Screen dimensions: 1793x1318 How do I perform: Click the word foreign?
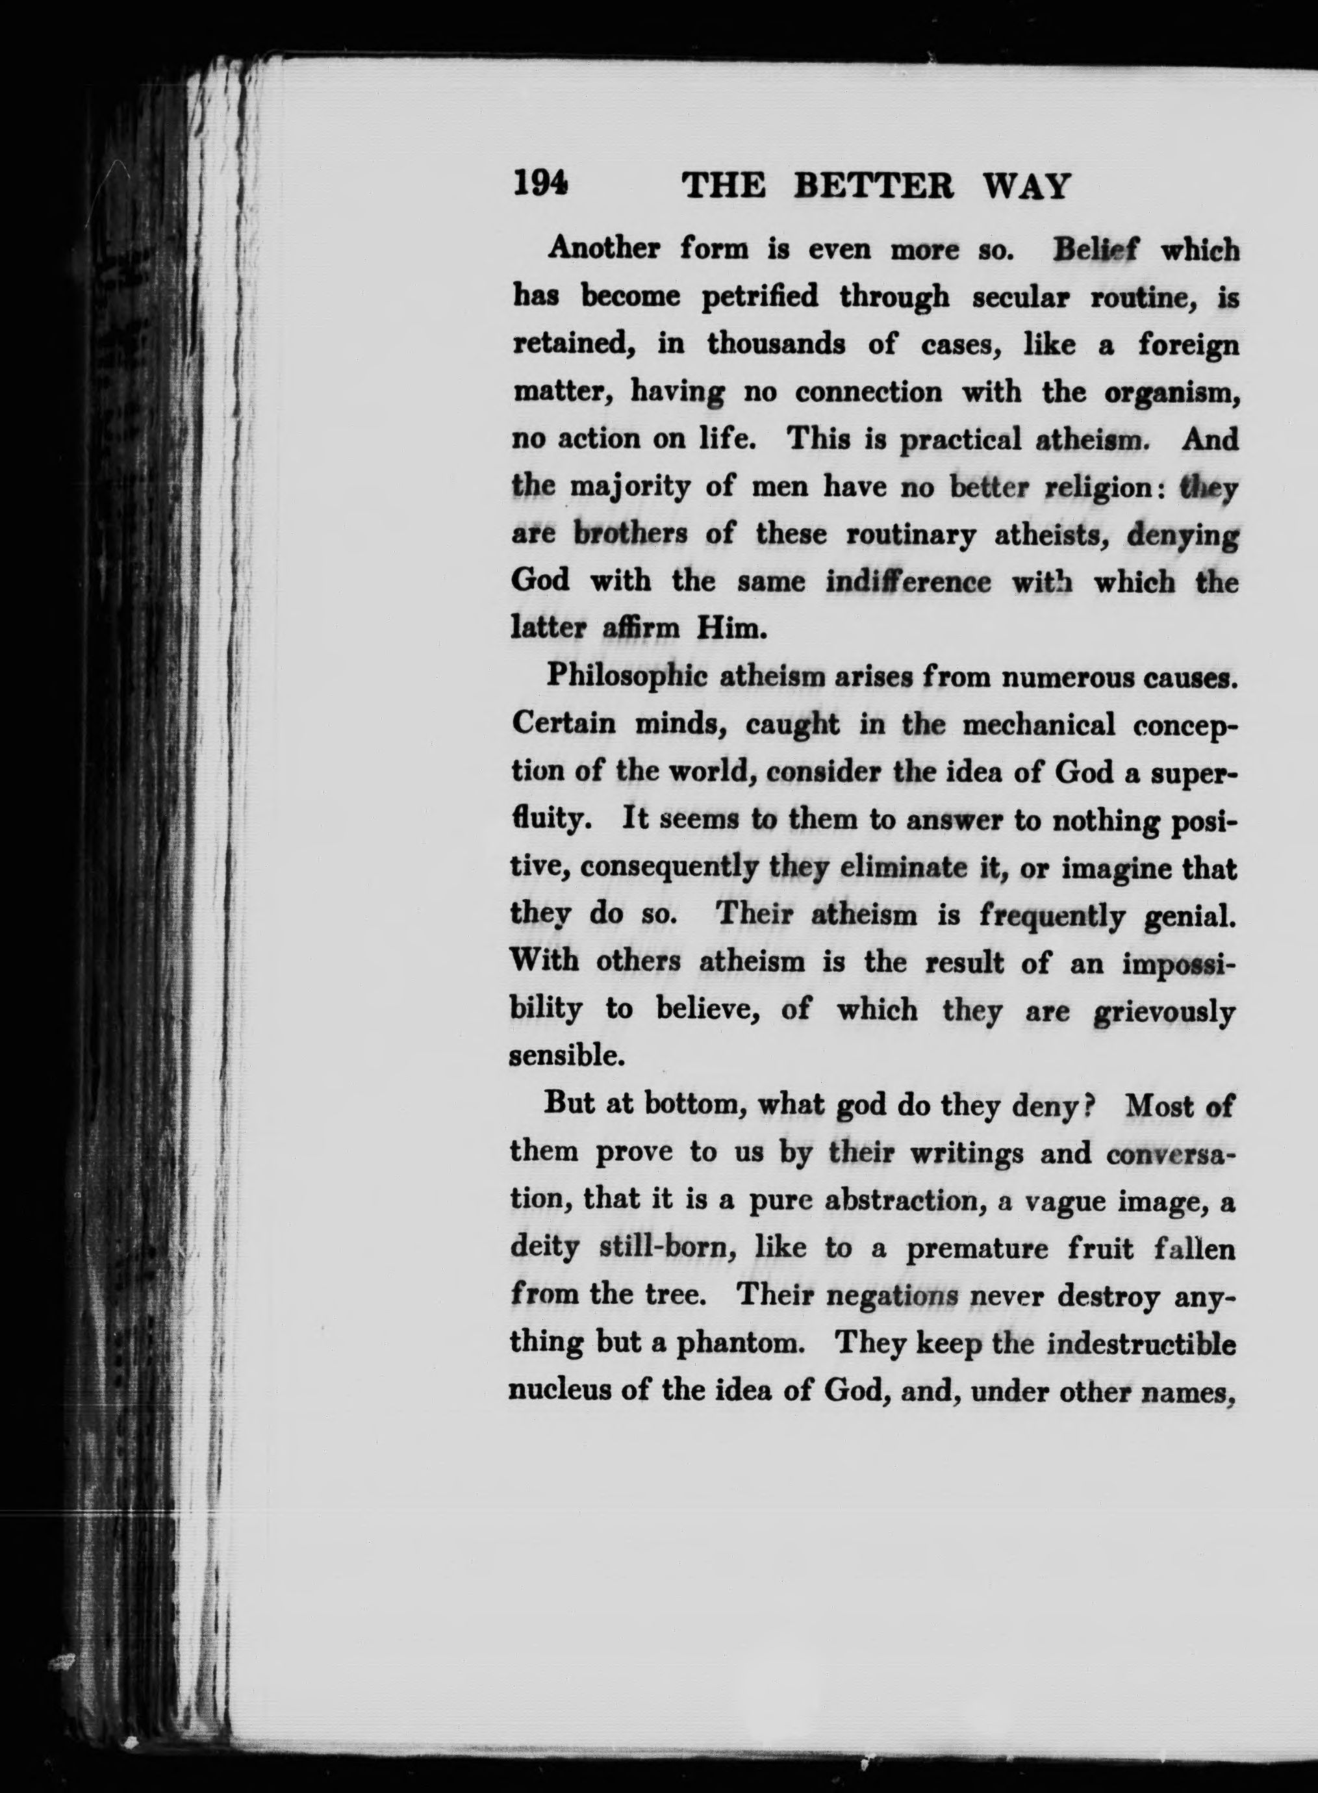pyautogui.click(x=1188, y=345)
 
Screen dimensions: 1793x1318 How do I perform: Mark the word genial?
pyautogui.click(x=1189, y=915)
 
